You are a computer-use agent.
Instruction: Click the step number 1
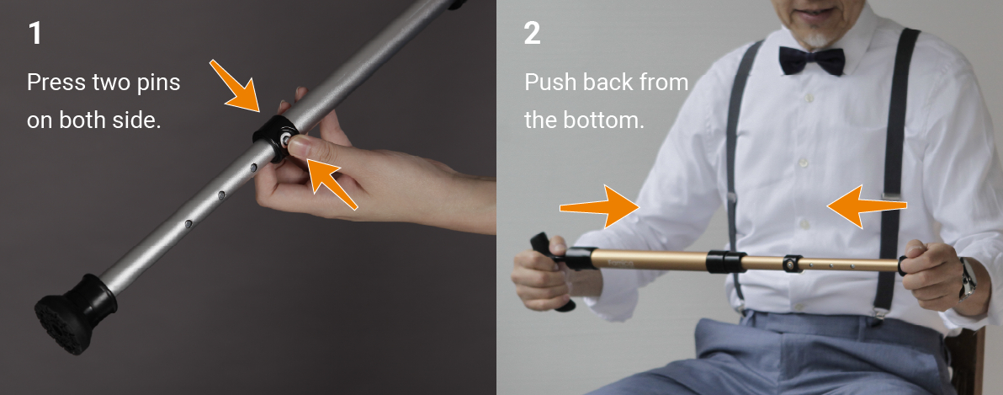tap(34, 34)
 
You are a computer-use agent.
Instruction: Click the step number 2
tap(532, 34)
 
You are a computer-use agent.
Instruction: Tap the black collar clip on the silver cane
tap(273, 138)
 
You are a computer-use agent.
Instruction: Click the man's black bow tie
tap(811, 60)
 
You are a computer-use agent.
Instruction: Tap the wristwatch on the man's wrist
tap(967, 278)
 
